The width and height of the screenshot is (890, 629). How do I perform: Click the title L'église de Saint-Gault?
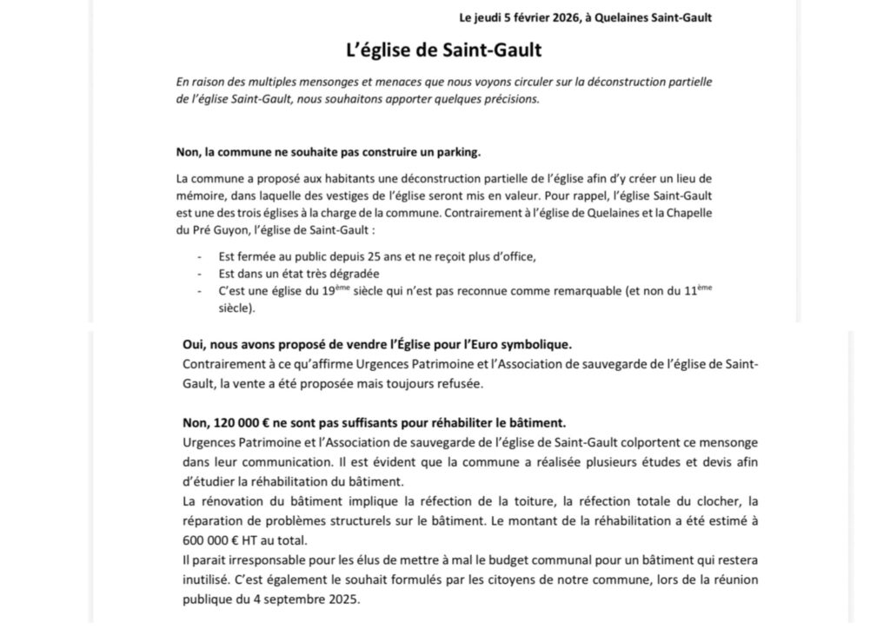(443, 50)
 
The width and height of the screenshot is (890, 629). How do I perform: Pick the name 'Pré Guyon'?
(212, 232)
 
